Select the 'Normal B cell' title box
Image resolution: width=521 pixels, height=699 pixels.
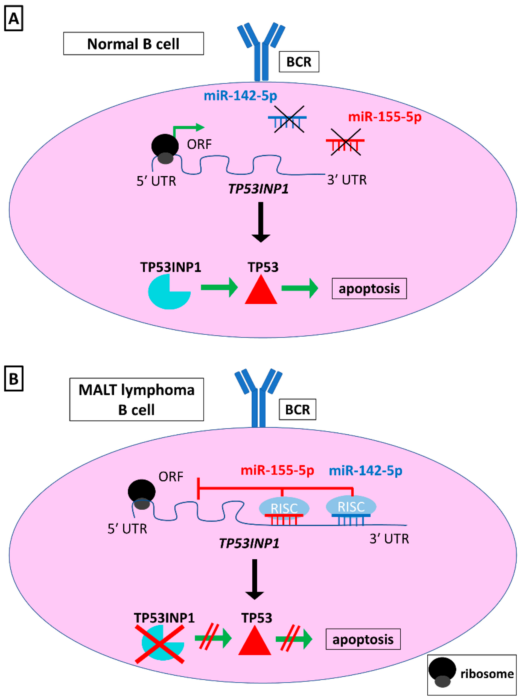[x=133, y=43]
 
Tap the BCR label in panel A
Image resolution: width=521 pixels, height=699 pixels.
[x=299, y=62]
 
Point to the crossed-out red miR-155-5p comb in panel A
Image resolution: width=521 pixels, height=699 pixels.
[x=345, y=143]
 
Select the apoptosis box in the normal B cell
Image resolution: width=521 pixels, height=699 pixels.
[x=369, y=289]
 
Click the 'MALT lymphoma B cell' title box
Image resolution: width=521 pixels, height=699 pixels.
[x=136, y=399]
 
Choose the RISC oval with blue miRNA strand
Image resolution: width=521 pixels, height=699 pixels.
[x=351, y=506]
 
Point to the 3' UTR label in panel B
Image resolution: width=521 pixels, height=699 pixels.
[x=389, y=539]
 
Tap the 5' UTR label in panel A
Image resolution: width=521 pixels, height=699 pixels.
[x=156, y=181]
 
